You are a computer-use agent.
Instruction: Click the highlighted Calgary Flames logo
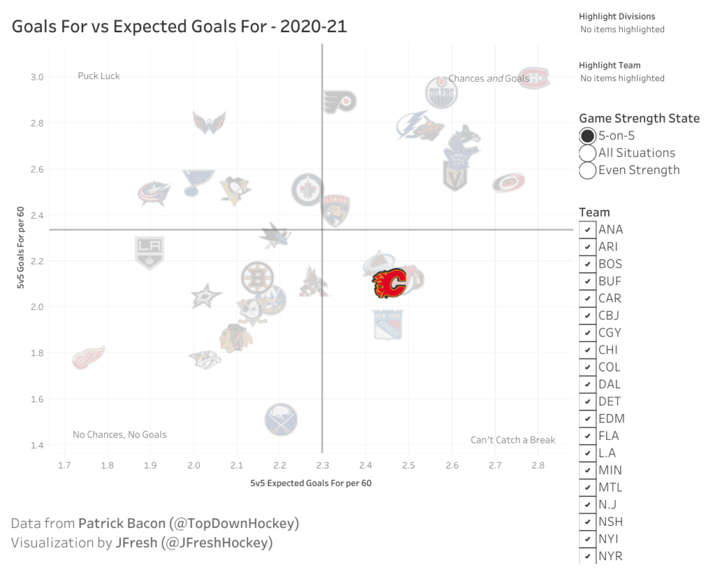point(389,284)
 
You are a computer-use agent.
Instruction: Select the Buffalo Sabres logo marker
point(281,420)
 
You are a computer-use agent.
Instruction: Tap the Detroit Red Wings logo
point(89,357)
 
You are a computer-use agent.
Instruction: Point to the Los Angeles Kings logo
point(149,251)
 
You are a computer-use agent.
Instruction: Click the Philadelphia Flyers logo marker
point(339,102)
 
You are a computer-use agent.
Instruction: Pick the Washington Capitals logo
point(209,122)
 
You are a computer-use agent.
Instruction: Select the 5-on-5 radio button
point(587,136)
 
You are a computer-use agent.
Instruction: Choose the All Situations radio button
point(587,153)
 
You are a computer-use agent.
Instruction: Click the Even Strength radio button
point(587,170)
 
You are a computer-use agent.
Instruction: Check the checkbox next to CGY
point(587,332)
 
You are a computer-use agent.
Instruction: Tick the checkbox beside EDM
point(587,418)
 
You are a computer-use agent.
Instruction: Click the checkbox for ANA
point(587,229)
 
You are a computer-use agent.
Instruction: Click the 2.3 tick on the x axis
point(322,465)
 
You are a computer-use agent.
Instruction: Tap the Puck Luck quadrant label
point(98,75)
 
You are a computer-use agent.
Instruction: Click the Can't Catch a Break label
point(513,440)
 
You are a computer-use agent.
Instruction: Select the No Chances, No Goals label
point(119,434)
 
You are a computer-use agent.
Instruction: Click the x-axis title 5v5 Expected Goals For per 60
point(311,483)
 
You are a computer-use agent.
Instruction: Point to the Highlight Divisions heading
point(617,16)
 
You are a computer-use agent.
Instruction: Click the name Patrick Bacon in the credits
point(117,524)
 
